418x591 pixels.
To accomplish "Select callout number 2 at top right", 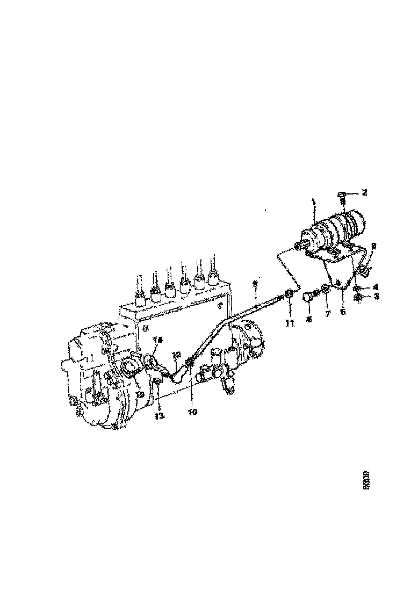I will point(364,192).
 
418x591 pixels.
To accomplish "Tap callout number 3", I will point(377,296).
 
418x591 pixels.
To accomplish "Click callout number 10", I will point(192,412).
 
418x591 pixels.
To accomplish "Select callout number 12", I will point(176,355).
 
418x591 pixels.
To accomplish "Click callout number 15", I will point(140,394).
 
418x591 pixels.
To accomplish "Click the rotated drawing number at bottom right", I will point(367,482).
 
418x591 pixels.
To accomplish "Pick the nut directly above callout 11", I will point(289,293).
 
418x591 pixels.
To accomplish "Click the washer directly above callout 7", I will point(325,290).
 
